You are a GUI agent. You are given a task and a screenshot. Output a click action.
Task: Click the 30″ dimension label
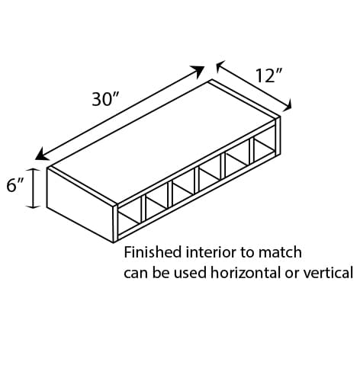(105, 99)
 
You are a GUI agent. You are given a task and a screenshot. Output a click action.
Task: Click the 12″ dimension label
(268, 75)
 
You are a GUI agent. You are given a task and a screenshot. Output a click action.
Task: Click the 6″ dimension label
(15, 185)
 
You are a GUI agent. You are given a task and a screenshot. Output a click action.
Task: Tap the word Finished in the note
(153, 253)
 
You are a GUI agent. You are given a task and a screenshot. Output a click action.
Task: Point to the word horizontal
(246, 273)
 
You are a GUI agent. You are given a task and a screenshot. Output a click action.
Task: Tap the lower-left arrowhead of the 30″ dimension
(42, 155)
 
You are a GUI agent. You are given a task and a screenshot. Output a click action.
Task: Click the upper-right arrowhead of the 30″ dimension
(198, 71)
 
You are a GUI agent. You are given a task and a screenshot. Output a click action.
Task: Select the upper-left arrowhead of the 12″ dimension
(220, 66)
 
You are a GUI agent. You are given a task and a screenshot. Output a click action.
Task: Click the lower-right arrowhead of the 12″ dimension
(288, 105)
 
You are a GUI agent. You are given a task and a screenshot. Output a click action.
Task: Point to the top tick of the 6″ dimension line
(34, 169)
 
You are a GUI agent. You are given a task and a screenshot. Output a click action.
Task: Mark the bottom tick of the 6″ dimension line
(34, 207)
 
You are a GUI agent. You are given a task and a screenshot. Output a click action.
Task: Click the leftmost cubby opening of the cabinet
(130, 216)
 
